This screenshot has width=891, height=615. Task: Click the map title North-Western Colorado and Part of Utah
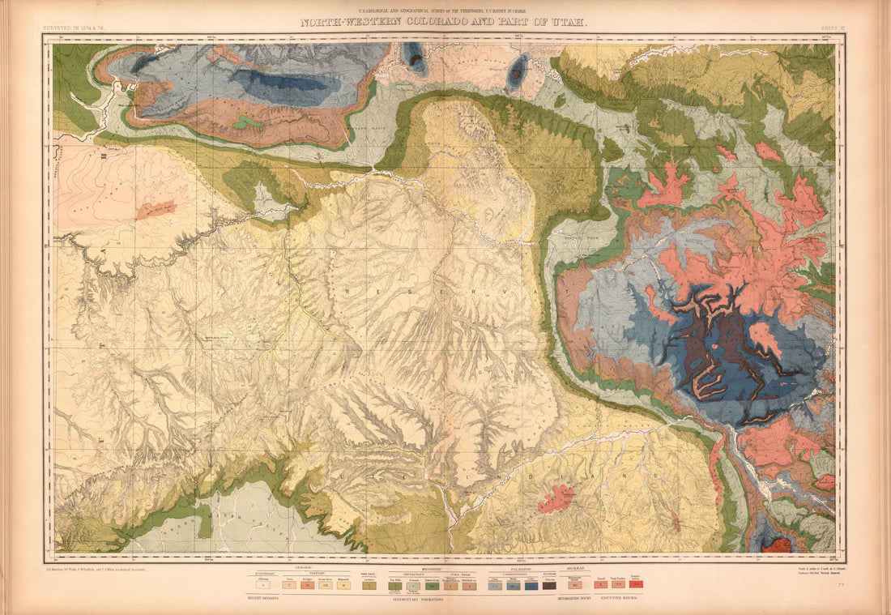click(444, 23)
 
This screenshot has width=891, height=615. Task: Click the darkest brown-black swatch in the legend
click(550, 584)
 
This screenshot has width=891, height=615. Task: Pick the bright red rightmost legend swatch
click(636, 583)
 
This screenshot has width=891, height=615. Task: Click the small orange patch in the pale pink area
click(156, 210)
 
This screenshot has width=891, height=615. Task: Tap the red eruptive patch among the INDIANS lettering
click(556, 498)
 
